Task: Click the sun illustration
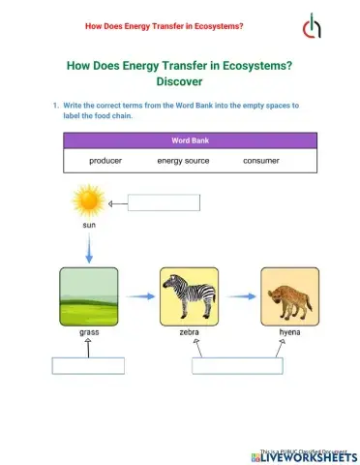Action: click(x=88, y=202)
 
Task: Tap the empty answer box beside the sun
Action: click(x=164, y=202)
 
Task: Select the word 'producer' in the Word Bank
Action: click(x=105, y=161)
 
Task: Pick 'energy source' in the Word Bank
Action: click(x=183, y=161)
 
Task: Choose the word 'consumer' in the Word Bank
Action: click(x=261, y=161)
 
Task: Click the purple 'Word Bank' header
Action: click(x=183, y=140)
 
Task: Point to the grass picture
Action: click(x=89, y=296)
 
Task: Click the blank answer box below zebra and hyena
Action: click(x=237, y=365)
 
